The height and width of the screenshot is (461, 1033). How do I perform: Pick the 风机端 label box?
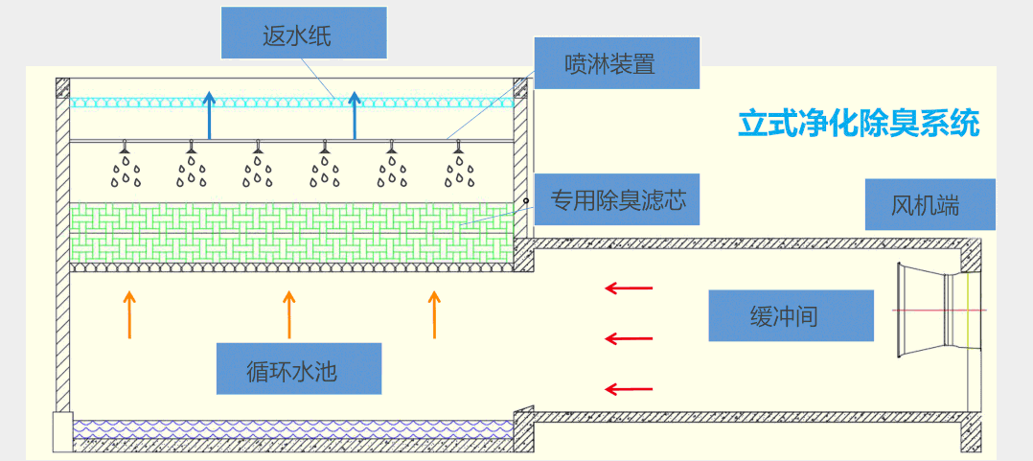(930, 204)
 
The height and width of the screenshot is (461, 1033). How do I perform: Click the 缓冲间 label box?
(792, 315)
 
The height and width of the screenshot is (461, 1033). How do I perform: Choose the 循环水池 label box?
(299, 369)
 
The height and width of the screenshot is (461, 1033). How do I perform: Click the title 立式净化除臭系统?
(859, 124)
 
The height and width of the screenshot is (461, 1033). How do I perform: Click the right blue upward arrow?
(355, 114)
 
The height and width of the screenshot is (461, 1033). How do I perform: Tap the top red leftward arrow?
(628, 287)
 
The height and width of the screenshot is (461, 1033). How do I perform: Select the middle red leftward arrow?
(628, 338)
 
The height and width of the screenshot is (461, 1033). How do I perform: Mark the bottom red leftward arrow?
(628, 389)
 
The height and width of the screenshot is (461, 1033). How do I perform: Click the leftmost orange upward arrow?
(130, 315)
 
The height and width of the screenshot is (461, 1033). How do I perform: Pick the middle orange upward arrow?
(288, 315)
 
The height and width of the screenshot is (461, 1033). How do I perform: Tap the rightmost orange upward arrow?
(434, 315)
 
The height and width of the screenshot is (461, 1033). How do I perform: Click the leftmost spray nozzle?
(125, 148)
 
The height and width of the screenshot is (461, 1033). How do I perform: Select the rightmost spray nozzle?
(459, 148)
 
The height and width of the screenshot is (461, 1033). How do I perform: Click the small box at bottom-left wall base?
(62, 430)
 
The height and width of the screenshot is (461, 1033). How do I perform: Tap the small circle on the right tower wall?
(526, 200)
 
